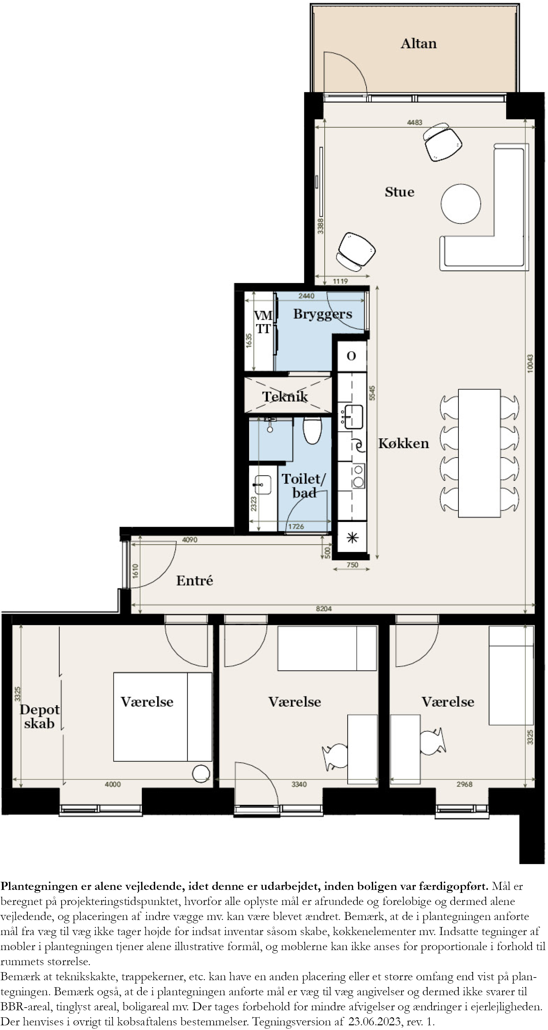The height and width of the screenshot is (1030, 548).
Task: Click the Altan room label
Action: click(x=419, y=43)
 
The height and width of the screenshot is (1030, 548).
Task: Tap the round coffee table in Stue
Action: click(x=460, y=204)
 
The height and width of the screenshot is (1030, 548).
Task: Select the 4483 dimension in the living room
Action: click(x=415, y=122)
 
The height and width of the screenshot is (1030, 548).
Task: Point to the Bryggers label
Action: click(x=323, y=314)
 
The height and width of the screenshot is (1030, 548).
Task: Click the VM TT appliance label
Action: click(x=263, y=322)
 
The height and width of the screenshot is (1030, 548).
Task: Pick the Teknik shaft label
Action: click(x=285, y=397)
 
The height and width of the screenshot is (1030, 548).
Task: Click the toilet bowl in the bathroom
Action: click(x=312, y=430)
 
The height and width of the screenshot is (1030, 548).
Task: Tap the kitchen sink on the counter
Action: click(x=353, y=417)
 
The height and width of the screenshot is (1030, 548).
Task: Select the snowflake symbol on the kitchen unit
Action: click(x=352, y=537)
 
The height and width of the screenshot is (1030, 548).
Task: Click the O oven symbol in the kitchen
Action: click(x=351, y=356)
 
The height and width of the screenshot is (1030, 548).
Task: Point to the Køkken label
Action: click(x=403, y=443)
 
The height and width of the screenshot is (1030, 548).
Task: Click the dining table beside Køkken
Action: click(x=479, y=453)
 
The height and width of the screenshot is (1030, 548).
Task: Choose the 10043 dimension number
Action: click(x=530, y=364)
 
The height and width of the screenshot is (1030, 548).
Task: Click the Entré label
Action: click(x=195, y=581)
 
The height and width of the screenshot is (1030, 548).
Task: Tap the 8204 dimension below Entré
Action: click(x=324, y=609)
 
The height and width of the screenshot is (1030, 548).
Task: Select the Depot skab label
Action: click(x=39, y=717)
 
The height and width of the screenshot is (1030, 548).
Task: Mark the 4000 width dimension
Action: click(x=113, y=785)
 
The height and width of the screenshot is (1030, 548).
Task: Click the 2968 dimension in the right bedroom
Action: click(x=464, y=785)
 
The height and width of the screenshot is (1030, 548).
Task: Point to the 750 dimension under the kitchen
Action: click(x=352, y=565)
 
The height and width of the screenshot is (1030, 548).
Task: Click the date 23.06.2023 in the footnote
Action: click(x=374, y=1021)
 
